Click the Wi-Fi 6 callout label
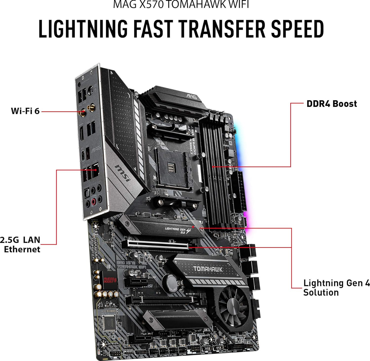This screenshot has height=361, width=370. coord(25,111)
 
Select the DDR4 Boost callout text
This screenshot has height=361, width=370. coord(331,103)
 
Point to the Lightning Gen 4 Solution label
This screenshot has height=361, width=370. coord(336,287)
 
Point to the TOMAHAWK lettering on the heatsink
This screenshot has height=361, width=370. coord(208,269)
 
